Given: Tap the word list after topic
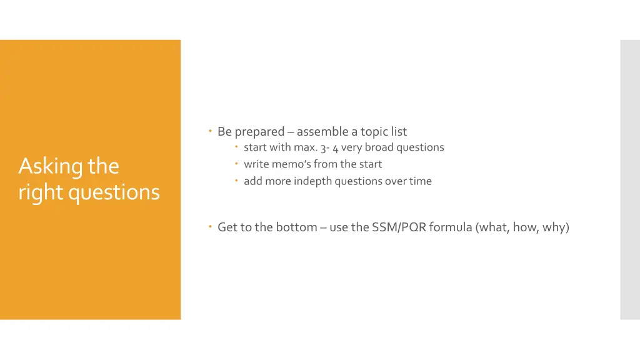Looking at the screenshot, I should (x=399, y=132).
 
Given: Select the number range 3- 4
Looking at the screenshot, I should (x=329, y=148).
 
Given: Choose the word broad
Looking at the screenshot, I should (x=379, y=147).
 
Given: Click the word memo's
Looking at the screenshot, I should (x=291, y=164).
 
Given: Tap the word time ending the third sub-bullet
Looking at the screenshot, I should (x=421, y=181).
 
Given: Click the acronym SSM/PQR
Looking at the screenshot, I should (x=399, y=227).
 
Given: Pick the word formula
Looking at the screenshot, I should (x=451, y=227).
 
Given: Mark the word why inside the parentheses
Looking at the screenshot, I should (x=555, y=227).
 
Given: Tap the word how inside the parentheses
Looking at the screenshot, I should (x=525, y=227).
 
